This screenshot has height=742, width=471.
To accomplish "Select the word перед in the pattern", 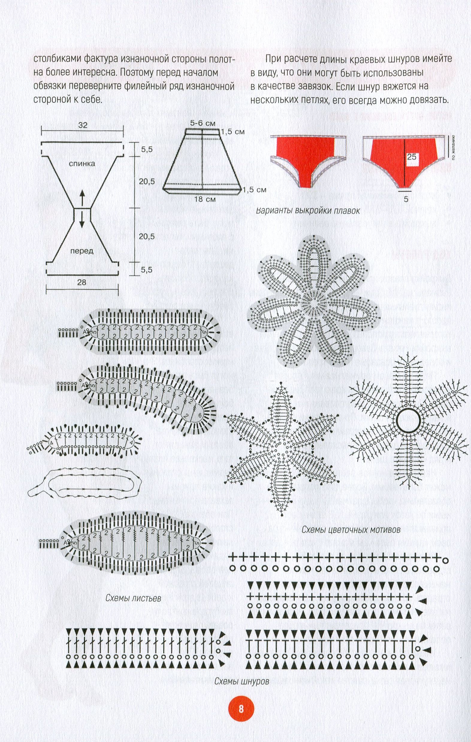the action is click(82, 251).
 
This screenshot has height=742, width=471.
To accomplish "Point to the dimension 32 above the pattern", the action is click(83, 125).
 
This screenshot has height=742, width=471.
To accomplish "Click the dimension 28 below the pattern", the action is click(81, 282).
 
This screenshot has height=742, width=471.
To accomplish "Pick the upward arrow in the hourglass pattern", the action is click(82, 198).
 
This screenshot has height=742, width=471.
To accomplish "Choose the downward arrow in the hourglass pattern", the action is click(82, 220).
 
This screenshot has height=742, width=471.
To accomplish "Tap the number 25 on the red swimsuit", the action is click(412, 156).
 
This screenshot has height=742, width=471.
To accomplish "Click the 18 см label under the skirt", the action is click(205, 199).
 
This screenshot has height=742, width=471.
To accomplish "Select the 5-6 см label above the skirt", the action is click(202, 123).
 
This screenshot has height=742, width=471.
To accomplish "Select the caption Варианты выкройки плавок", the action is click(308, 211).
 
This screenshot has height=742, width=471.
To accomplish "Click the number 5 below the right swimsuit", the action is click(406, 199).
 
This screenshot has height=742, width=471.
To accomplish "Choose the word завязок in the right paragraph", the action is click(311, 86).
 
